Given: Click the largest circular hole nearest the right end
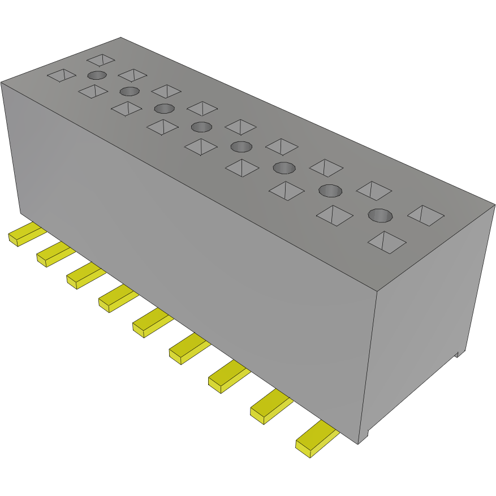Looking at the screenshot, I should pyautogui.click(x=381, y=215).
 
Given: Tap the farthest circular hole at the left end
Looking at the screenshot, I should pyautogui.click(x=97, y=75).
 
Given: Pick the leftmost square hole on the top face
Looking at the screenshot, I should pyautogui.click(x=61, y=75).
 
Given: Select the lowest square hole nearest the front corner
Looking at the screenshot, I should pyautogui.click(x=387, y=241).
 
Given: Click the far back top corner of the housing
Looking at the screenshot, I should pyautogui.click(x=120, y=38).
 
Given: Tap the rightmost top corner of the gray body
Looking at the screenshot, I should pyautogui.click(x=494, y=204).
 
